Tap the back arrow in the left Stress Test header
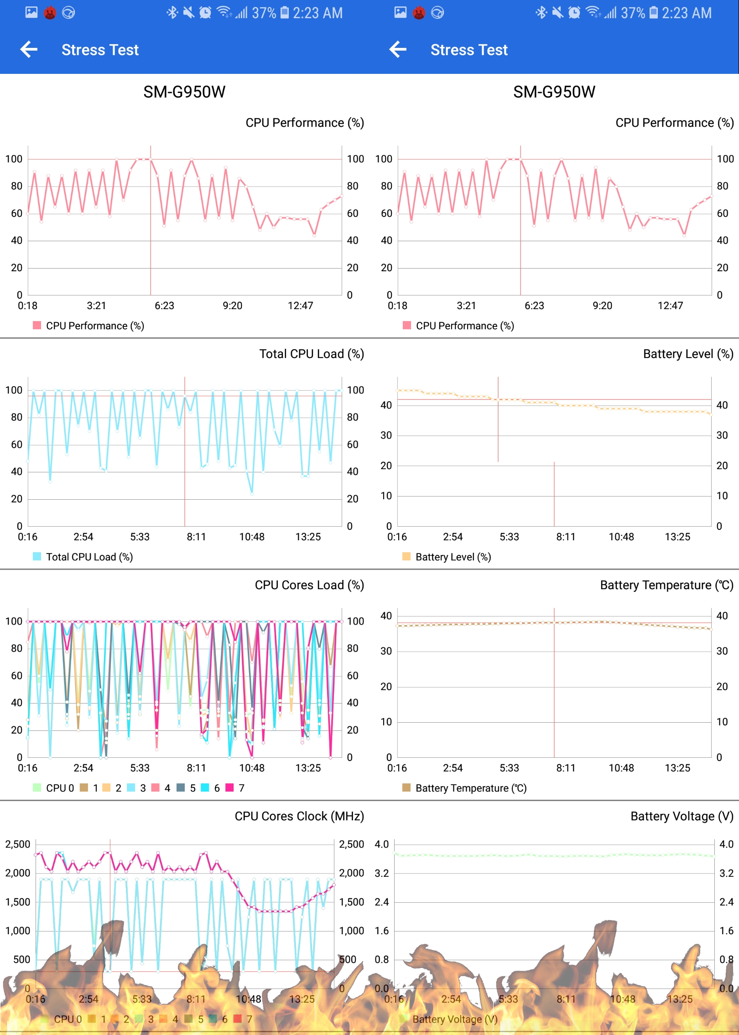click(x=29, y=49)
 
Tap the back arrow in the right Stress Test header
click(x=398, y=49)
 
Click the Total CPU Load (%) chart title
click(x=312, y=354)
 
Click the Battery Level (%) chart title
click(x=688, y=354)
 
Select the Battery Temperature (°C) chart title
click(x=666, y=585)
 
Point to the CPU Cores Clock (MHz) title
click(x=299, y=816)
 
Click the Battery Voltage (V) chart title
click(x=682, y=816)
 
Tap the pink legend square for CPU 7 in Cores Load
click(x=229, y=787)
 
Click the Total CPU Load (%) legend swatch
click(x=37, y=556)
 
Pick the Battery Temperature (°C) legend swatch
click(x=406, y=787)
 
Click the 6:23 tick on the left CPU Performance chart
click(x=164, y=305)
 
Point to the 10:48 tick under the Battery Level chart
click(x=621, y=537)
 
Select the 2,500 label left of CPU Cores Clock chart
click(x=18, y=844)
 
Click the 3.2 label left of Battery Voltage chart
click(x=382, y=873)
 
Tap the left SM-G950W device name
click(x=184, y=92)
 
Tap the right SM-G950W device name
click(x=554, y=92)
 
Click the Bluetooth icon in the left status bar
click(x=172, y=12)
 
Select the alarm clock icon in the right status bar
click(x=574, y=12)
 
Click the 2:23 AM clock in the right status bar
click(x=687, y=13)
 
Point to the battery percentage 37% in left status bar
click(x=264, y=13)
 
